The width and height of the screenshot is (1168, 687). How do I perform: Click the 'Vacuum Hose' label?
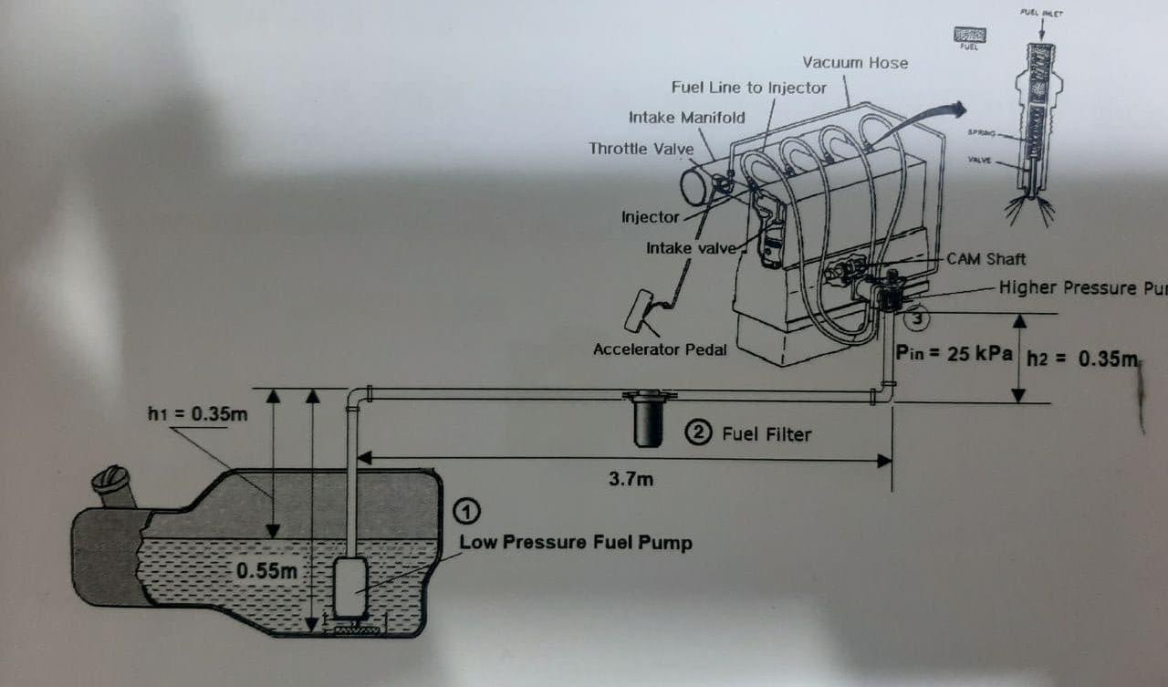tap(855, 63)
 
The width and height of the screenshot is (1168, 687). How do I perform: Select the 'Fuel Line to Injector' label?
tap(748, 88)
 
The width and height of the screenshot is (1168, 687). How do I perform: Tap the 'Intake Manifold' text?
tap(686, 118)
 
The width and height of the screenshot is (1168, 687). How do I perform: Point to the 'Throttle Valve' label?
tap(641, 148)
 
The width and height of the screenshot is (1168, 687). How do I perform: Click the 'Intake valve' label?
tap(690, 248)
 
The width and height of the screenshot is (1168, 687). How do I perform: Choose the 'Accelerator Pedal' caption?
tap(660, 349)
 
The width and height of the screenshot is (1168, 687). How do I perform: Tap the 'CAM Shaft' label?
tap(986, 259)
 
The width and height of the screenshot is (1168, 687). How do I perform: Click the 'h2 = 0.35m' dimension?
tap(1082, 359)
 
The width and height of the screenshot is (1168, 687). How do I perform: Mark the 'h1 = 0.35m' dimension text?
tap(198, 415)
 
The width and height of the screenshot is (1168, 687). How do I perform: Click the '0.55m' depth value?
tap(267, 571)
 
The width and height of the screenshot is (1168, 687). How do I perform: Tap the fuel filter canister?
tap(648, 422)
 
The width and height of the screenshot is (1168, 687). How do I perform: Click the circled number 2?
tap(699, 433)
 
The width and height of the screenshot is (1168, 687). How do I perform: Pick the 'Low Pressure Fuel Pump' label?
tap(575, 543)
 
